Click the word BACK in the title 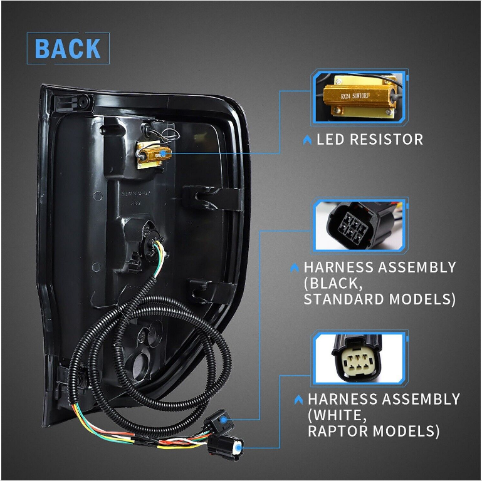(68, 49)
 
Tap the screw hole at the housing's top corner (84, 100)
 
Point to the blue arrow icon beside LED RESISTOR (307, 140)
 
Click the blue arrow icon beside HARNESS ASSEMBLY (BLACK (295, 268)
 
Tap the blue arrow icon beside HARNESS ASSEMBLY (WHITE (298, 400)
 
